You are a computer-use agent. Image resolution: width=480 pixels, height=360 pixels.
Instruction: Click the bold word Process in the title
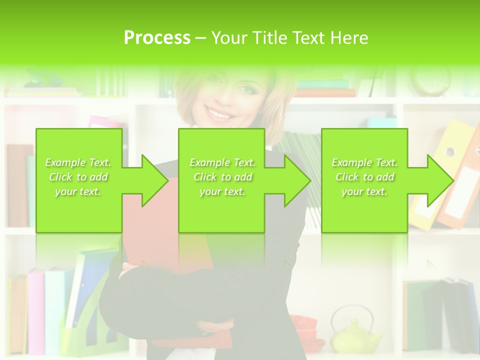click(x=157, y=38)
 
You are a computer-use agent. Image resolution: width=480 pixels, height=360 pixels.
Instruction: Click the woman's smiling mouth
click(x=220, y=114)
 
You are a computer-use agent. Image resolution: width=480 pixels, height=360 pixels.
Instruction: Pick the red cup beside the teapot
click(x=304, y=325)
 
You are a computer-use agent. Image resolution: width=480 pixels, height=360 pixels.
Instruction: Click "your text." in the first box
click(x=78, y=191)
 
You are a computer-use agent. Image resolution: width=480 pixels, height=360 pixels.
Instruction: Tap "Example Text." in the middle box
click(x=222, y=162)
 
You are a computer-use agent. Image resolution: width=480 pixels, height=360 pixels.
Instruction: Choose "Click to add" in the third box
click(x=365, y=177)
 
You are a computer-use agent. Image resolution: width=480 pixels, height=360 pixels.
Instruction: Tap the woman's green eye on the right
click(x=246, y=89)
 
